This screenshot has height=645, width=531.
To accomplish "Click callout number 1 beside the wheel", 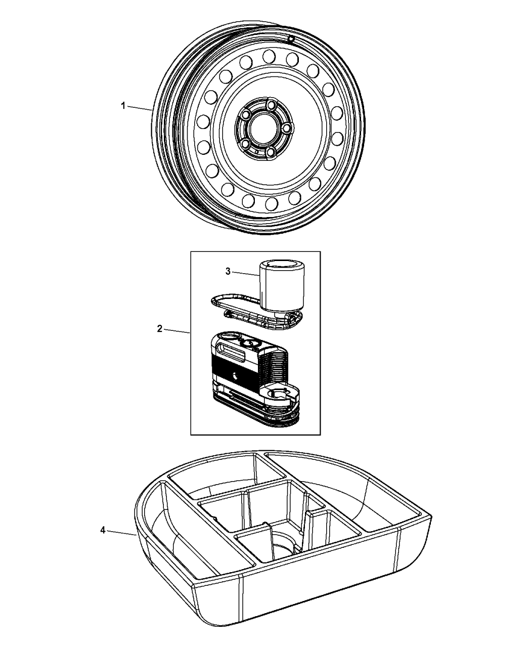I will pos(122,105).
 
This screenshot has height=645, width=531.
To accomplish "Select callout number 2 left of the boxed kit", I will pos(160,328).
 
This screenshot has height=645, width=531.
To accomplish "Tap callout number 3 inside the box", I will pos(228,272).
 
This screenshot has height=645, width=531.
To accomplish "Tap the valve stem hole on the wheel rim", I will pos(291,39).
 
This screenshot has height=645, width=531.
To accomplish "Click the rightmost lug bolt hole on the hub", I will pos(287,129).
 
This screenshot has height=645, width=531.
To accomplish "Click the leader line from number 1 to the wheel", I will pos(140,108).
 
